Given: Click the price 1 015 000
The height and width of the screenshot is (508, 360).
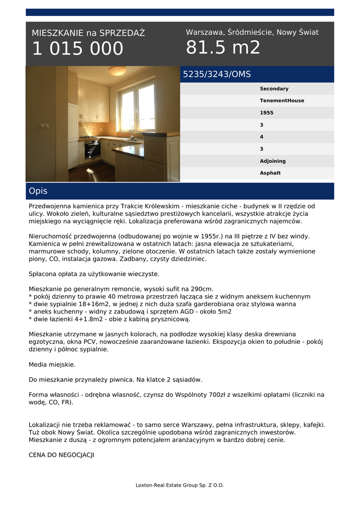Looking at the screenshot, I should (x=77, y=49).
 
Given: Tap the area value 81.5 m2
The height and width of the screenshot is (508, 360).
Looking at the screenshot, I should (x=223, y=48).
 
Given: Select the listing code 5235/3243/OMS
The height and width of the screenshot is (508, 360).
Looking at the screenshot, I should (x=217, y=74).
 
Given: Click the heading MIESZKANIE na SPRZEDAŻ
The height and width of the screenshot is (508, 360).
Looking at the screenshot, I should (x=88, y=33).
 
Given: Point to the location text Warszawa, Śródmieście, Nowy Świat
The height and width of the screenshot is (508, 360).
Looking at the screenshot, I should (x=252, y=32).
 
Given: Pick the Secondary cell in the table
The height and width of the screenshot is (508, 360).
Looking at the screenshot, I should (x=274, y=89).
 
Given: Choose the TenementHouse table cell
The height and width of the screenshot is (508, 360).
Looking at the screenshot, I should (x=282, y=101).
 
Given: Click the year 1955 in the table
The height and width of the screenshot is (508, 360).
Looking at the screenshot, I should (x=266, y=113).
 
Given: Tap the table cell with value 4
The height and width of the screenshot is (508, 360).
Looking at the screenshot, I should (x=262, y=137).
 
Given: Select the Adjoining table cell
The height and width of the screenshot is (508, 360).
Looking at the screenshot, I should (x=273, y=161).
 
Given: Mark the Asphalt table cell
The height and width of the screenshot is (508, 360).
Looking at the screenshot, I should (x=270, y=173).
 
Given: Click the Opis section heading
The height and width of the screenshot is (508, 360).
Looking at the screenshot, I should (x=38, y=191).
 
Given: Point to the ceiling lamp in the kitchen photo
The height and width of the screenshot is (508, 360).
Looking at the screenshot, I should (x=117, y=71).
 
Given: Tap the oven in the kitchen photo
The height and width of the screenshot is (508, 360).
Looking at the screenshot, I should (x=92, y=149).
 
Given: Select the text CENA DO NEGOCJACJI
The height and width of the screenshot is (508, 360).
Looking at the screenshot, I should (x=61, y=454).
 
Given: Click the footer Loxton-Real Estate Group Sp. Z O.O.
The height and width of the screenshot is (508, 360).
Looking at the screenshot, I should (x=180, y=485).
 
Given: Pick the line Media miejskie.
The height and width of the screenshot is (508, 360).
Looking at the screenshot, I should (x=52, y=364).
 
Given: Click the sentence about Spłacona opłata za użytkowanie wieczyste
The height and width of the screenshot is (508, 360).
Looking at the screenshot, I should (x=94, y=274).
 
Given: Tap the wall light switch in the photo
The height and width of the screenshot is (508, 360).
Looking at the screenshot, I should (x=44, y=126).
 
